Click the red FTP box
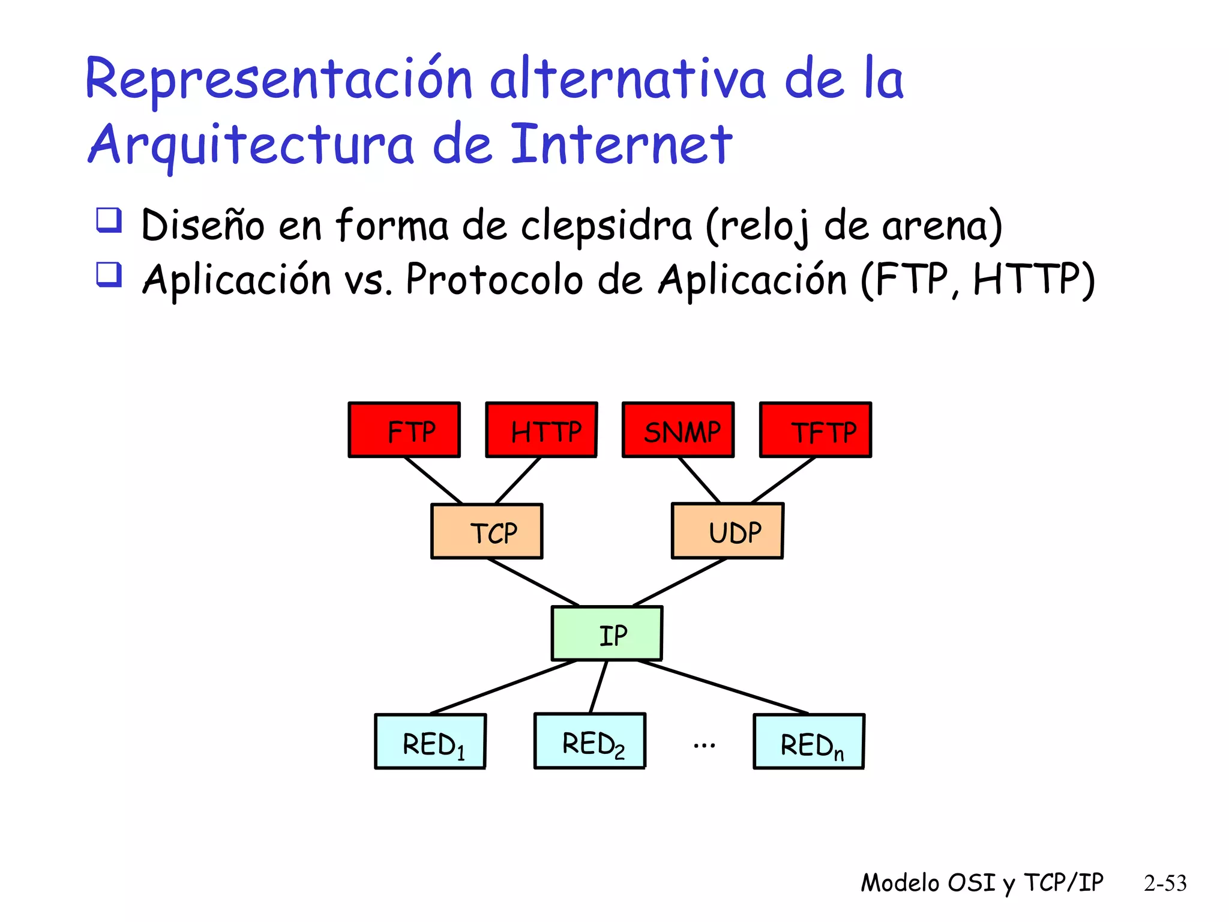[x=404, y=430]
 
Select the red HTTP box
[x=541, y=430]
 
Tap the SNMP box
[x=678, y=430]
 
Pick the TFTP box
[x=816, y=430]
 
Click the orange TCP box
[x=487, y=531]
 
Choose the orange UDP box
[x=727, y=531]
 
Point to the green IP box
[x=607, y=633]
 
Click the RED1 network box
[x=430, y=741]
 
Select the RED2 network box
[x=590, y=741]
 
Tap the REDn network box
[x=809, y=741]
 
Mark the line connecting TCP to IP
[x=533, y=582]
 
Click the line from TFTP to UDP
[x=783, y=480]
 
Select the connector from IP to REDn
[x=723, y=687]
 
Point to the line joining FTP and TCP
[x=433, y=481]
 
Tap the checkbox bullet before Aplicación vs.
[x=109, y=275]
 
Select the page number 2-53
[x=1165, y=883]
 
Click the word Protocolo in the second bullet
[x=494, y=280]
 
